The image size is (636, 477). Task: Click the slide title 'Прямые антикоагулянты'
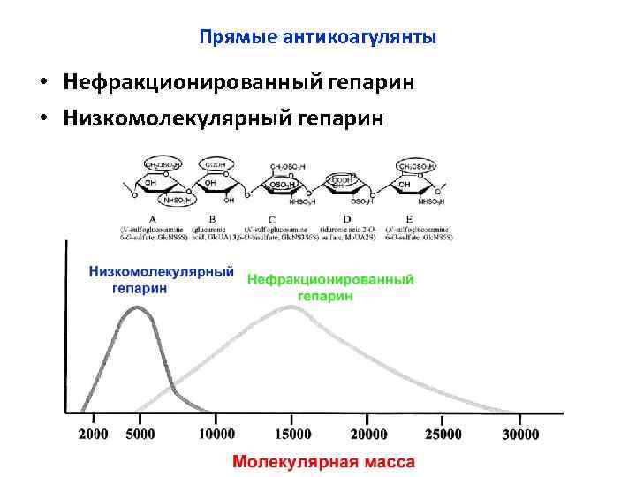pyautogui.click(x=317, y=38)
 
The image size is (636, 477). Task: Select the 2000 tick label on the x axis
pyautogui.click(x=94, y=434)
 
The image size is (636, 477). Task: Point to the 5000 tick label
pyautogui.click(x=140, y=434)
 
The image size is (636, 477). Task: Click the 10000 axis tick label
pyautogui.click(x=216, y=434)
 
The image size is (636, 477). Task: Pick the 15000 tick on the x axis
pyautogui.click(x=292, y=434)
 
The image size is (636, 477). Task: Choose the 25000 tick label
pyautogui.click(x=443, y=434)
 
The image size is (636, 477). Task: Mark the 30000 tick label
pyautogui.click(x=520, y=434)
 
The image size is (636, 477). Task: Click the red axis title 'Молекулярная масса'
pyautogui.click(x=323, y=462)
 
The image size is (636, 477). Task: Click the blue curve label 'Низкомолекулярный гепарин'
pyautogui.click(x=161, y=280)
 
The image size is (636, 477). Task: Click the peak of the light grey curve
pyautogui.click(x=291, y=307)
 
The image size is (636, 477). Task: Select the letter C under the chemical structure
pyautogui.click(x=272, y=218)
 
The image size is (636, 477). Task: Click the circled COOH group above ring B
pyautogui.click(x=216, y=164)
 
